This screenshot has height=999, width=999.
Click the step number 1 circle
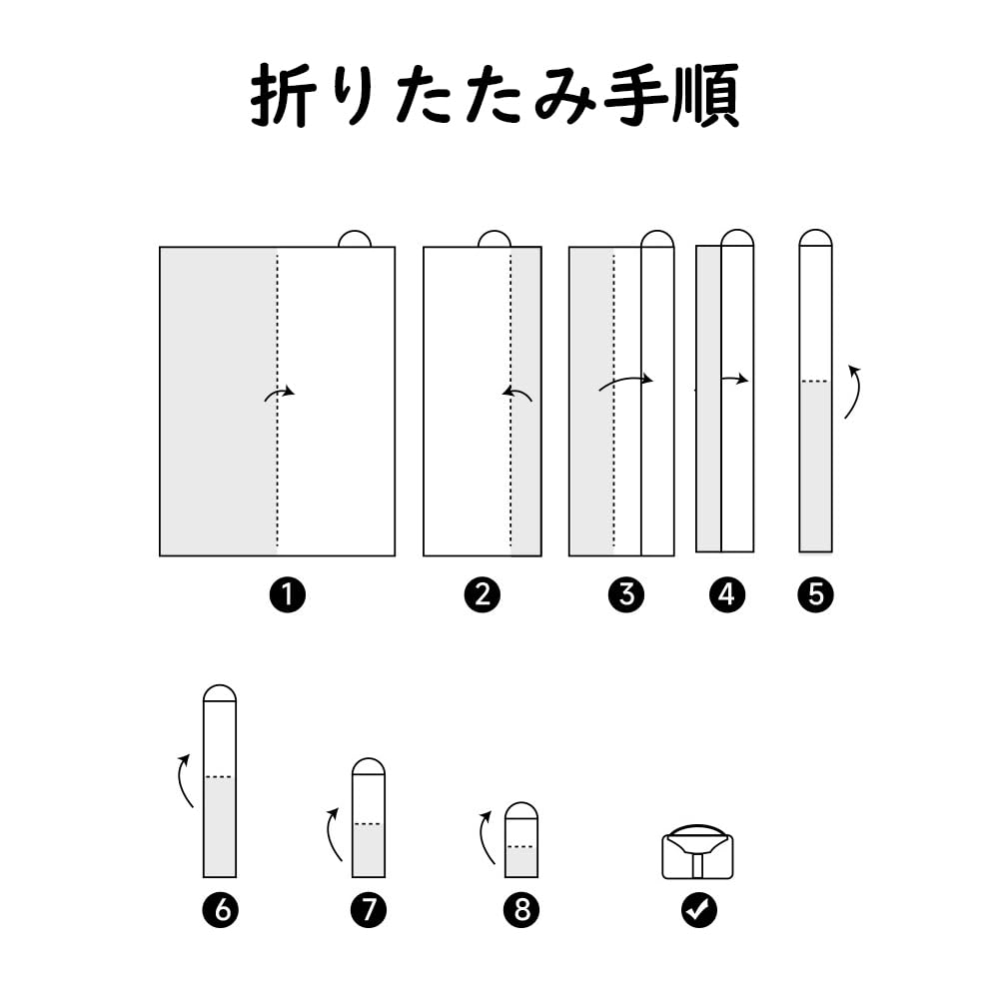click(288, 595)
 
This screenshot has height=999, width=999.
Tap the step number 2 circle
click(483, 595)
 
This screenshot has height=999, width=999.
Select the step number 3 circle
click(626, 595)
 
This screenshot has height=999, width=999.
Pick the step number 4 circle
click(727, 595)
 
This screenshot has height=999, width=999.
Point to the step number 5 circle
click(815, 595)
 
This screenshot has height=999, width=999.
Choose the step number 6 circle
click(221, 910)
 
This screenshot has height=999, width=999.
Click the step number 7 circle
click(369, 910)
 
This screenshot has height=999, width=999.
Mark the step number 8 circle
click(521, 910)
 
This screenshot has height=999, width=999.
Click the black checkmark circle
click(699, 910)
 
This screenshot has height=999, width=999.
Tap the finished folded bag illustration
click(697, 852)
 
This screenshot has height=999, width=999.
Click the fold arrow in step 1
click(280, 393)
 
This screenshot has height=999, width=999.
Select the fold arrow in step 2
click(516, 394)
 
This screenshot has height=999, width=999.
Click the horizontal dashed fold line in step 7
click(369, 824)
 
